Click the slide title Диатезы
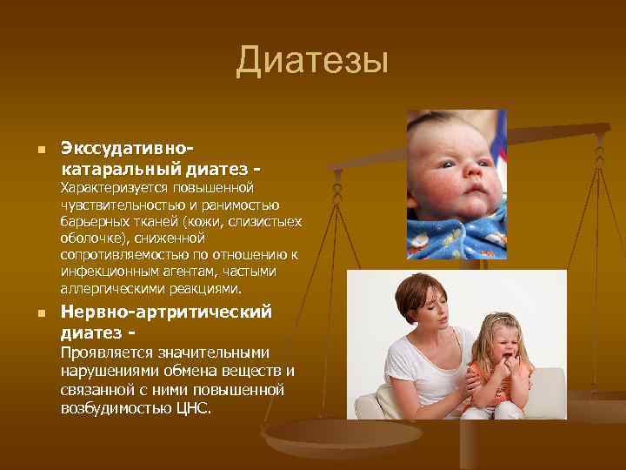311,63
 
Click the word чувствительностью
119,205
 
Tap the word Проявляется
102,352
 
